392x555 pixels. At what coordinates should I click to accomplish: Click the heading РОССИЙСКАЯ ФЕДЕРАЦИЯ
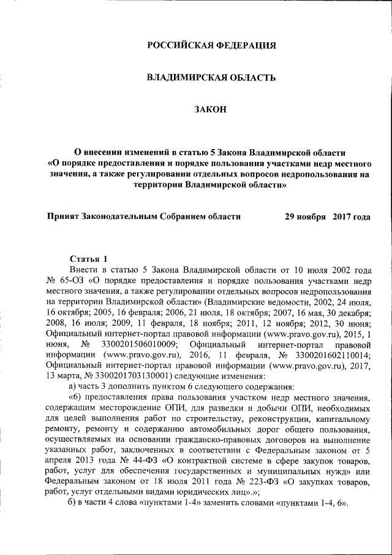coord(211,45)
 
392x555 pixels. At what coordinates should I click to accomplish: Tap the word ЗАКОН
coord(210,109)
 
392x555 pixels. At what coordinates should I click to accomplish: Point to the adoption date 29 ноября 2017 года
coord(328,216)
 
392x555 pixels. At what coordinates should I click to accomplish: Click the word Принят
coord(64,216)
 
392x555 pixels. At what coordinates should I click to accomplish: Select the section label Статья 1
coord(89,259)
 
